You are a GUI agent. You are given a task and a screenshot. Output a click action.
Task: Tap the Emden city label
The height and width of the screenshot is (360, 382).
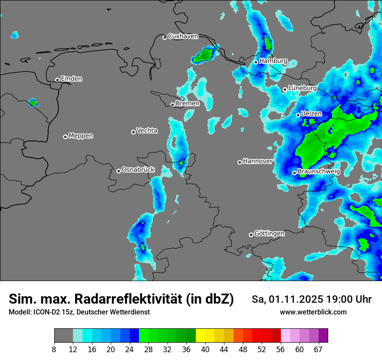[x=71, y=79]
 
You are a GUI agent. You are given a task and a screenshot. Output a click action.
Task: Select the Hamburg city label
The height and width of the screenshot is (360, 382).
[x=273, y=61]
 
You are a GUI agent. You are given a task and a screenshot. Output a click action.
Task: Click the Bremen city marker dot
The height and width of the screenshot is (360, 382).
[x=172, y=105]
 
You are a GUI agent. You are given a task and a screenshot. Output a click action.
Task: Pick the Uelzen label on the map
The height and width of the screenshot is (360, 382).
[x=311, y=114]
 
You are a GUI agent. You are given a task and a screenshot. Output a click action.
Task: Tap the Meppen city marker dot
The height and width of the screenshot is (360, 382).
[x=65, y=137]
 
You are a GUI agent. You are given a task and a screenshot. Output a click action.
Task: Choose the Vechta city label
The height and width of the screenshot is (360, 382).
[x=147, y=131]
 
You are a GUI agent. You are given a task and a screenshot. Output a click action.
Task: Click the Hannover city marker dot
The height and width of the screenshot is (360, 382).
[x=240, y=162]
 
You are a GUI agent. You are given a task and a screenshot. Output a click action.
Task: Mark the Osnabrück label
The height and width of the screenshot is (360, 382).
[x=138, y=170]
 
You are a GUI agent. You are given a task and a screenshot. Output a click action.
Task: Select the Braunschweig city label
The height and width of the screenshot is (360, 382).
[x=319, y=172]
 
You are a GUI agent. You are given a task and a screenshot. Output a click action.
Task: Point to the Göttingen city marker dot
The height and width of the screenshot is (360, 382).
[x=251, y=235]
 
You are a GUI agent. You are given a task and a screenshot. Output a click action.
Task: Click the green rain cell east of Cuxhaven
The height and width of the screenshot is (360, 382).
[x=204, y=55]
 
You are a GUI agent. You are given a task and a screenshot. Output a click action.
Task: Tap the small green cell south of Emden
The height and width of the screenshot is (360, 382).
[x=33, y=103]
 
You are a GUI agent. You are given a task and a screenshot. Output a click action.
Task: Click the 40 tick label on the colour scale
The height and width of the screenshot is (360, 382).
[x=205, y=349]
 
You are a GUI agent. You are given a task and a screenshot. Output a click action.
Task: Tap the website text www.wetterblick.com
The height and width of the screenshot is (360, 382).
[x=313, y=312]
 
